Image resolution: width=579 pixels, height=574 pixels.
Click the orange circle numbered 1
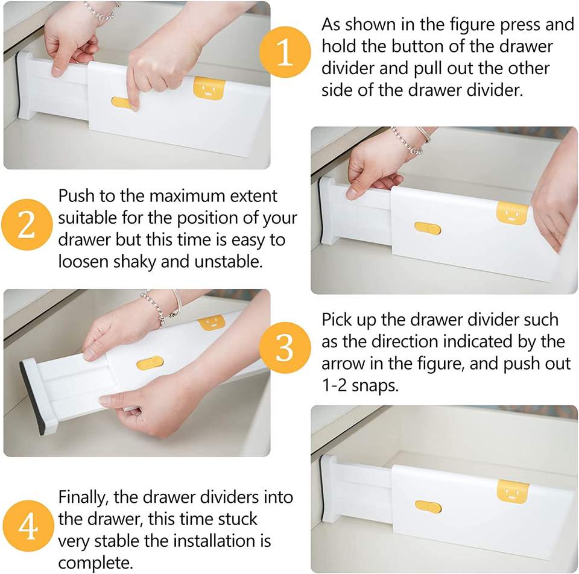pos(285,52)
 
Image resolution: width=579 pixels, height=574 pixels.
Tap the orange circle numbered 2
pos(27,224)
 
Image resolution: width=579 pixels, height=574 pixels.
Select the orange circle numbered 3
pos(285,347)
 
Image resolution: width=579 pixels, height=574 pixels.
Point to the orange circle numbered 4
pos(28,526)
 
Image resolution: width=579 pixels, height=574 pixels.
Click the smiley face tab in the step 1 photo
pos(209,88)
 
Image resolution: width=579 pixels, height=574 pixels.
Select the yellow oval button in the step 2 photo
pos(427,229)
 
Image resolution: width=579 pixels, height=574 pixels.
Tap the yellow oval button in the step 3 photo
pos(150,363)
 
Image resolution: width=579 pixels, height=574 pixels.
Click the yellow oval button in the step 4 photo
pos(428,507)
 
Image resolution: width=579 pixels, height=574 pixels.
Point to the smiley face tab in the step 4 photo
pos(513,491)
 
